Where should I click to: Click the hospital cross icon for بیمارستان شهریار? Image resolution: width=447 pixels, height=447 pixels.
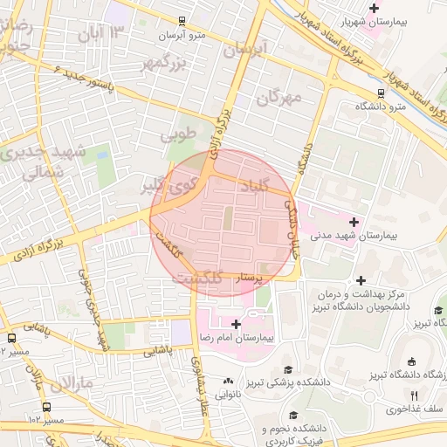tap(375, 9)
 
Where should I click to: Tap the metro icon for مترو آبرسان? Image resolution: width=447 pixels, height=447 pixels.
tap(182, 22)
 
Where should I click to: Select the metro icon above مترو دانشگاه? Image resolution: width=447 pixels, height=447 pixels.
tap(381, 93)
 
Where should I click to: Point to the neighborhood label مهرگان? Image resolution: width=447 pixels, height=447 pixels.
tap(279, 97)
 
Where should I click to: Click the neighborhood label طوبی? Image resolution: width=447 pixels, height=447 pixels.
tap(179, 136)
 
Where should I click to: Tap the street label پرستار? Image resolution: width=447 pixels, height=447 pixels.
tap(246, 278)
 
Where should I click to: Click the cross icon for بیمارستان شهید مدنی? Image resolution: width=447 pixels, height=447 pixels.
tap(354, 222)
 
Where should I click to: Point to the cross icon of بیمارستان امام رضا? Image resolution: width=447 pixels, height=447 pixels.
tap(236, 323)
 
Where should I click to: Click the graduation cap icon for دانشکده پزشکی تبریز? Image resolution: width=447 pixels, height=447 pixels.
tap(288, 369)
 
